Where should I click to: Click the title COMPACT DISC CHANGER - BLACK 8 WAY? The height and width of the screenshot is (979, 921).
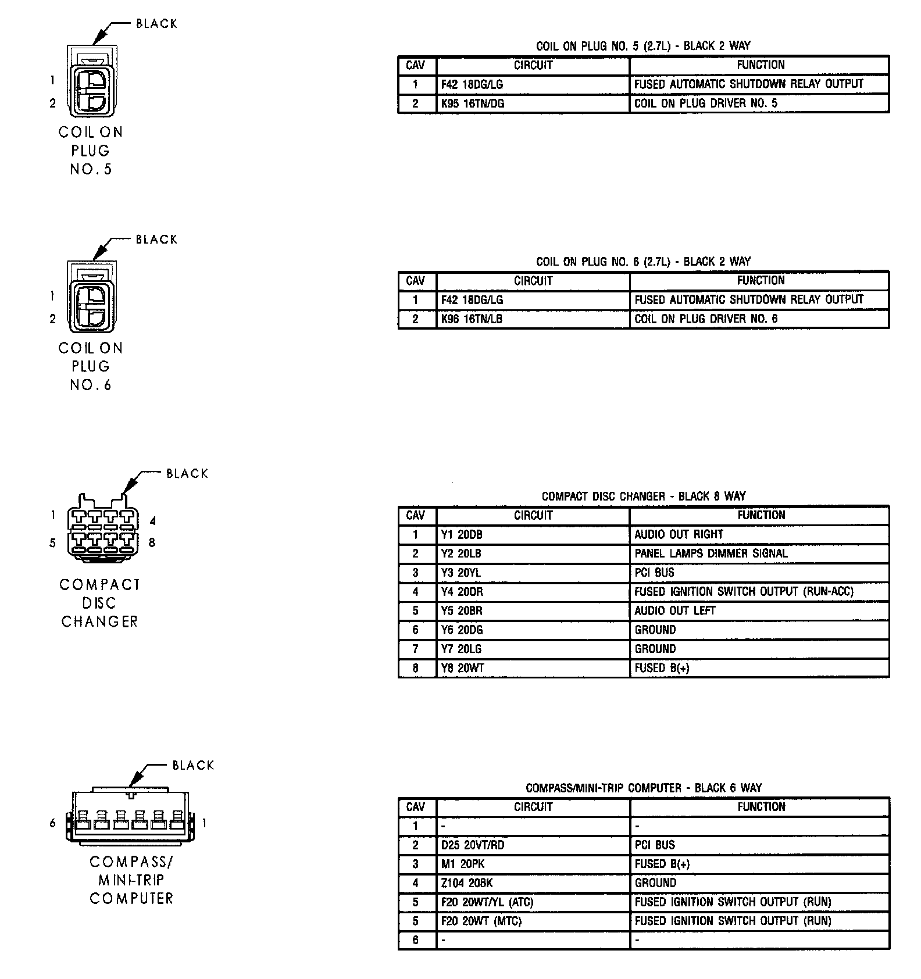tap(643, 496)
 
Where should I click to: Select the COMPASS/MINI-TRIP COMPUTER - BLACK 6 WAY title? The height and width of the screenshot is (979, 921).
tap(643, 788)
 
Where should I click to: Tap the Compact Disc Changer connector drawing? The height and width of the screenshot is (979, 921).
tap(103, 530)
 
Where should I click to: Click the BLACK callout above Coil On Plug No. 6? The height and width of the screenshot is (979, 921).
tap(156, 240)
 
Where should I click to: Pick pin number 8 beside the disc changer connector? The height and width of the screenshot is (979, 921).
tap(152, 543)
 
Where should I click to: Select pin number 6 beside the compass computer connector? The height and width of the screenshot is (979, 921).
tap(53, 823)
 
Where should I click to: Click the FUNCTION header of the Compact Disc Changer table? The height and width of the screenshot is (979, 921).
tap(761, 515)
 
